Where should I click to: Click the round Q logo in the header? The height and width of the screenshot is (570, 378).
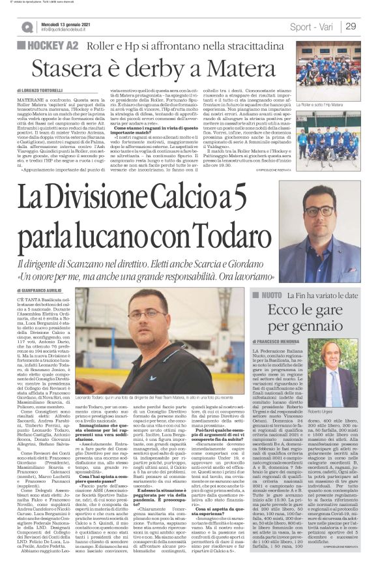coord(27,27)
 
